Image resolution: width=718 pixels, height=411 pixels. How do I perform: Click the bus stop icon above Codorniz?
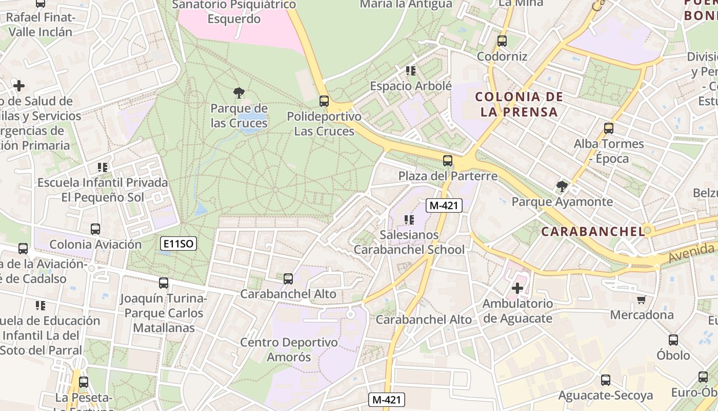coord(502,41)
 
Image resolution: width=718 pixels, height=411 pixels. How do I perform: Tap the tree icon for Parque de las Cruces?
coord(238,93)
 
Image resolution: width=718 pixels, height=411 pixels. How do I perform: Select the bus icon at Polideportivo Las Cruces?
coord(324,101)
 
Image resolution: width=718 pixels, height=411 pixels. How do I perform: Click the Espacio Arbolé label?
coord(411,86)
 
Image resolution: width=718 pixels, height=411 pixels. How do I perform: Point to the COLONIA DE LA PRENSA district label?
coord(519,104)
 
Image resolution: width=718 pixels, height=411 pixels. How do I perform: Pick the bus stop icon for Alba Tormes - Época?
coord(609,128)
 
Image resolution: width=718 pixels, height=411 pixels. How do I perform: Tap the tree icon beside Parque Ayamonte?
coord(562,186)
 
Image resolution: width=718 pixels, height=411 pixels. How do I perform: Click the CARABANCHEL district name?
coord(593,232)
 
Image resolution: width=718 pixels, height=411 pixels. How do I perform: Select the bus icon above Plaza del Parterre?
coord(448,161)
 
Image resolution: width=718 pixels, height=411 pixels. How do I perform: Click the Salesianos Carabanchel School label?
coord(409,242)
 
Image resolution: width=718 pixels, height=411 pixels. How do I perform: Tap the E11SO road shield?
coord(178,244)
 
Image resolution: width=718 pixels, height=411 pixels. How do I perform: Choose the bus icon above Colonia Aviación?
coord(95,229)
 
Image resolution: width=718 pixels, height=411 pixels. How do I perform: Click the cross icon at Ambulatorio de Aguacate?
coord(517,288)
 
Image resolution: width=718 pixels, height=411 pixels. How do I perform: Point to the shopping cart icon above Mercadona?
coord(641,300)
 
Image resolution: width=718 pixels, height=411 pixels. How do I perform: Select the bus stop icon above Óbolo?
coord(673,340)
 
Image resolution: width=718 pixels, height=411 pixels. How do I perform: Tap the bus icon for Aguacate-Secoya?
coord(606,380)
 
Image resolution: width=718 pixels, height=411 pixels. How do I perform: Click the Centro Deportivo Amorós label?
coord(289,349)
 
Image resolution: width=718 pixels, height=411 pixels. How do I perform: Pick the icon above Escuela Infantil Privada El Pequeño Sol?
coord(102,167)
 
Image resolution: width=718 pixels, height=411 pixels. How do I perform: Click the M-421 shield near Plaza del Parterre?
coord(445,206)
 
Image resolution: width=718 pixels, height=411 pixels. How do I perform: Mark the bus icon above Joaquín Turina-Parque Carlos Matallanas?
coord(164,283)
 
